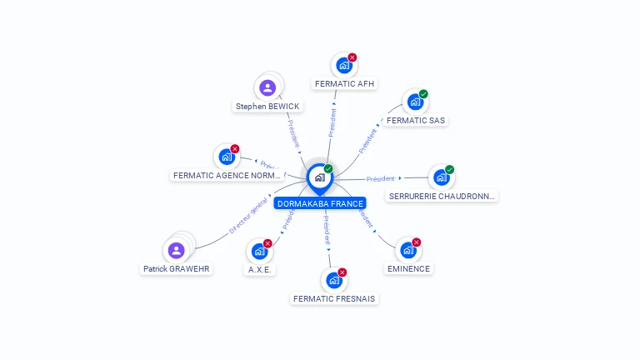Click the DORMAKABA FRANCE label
click(320, 203)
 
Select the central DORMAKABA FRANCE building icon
click(319, 177)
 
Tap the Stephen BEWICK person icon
click(267, 87)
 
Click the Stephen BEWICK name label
click(267, 107)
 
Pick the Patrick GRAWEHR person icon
click(176, 250)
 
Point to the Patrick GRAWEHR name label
click(176, 269)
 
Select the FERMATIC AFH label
click(345, 83)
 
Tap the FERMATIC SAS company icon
click(414, 102)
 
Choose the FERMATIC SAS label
click(416, 121)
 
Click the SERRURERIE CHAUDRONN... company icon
click(440, 177)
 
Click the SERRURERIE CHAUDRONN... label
click(442, 197)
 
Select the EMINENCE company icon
click(407, 250)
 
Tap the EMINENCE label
click(408, 269)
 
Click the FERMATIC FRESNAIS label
click(334, 298)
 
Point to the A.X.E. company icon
click(260, 250)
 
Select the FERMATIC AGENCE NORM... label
click(227, 176)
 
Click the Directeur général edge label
click(250, 215)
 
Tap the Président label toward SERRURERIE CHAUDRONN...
click(381, 178)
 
